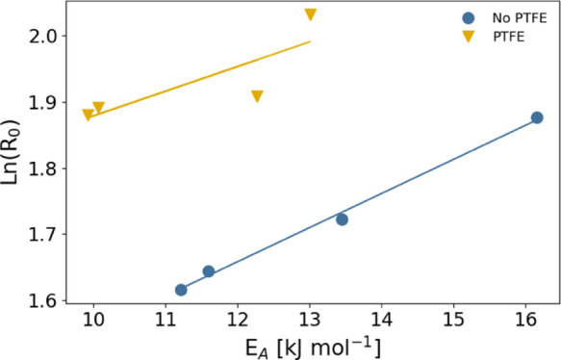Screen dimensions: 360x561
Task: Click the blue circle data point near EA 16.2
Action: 537,117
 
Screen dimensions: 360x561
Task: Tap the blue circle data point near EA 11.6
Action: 209,271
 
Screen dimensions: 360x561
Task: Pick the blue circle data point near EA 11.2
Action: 181,290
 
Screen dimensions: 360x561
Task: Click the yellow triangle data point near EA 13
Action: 311,15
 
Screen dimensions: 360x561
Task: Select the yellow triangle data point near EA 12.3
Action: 257,96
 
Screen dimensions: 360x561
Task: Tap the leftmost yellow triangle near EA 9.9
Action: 89,116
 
